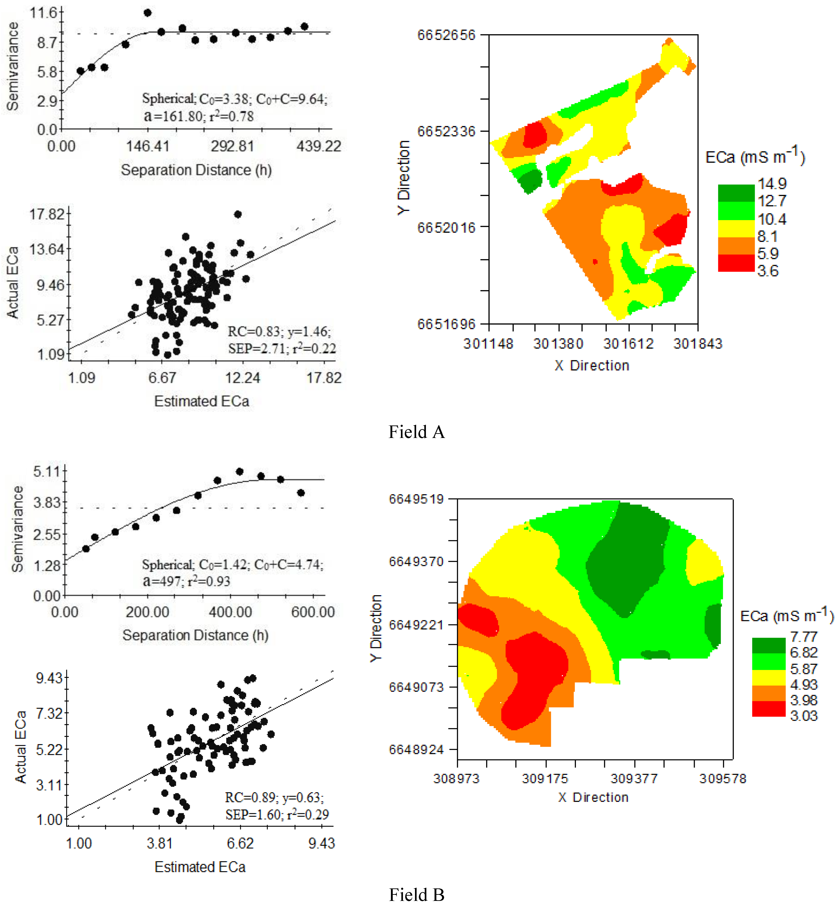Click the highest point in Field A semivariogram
[x=147, y=13]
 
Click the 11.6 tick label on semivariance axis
[x=44, y=12]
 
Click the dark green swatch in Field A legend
[x=736, y=193]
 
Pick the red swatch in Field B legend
[x=768, y=709]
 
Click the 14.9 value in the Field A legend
[x=772, y=184]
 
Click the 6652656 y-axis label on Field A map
[x=446, y=35]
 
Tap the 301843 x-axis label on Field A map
[x=698, y=343]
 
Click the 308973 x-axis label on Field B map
[x=456, y=779]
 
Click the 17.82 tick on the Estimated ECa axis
[x=324, y=378]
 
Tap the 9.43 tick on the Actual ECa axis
[x=49, y=678]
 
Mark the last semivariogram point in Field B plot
[x=300, y=492]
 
